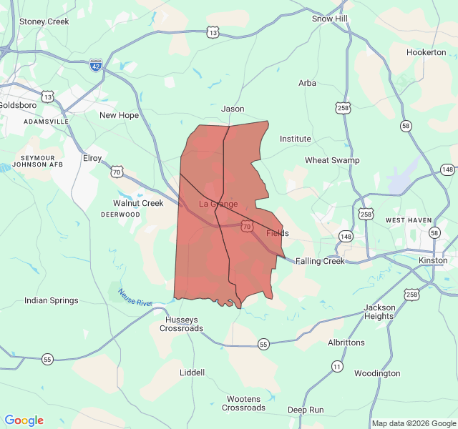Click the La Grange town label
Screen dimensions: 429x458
click(x=218, y=204)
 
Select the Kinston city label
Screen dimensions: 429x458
click(x=434, y=260)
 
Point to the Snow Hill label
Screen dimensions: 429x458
click(x=329, y=18)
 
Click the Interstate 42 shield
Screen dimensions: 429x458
click(x=96, y=65)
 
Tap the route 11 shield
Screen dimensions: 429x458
click(x=337, y=366)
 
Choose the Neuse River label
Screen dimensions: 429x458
click(x=135, y=297)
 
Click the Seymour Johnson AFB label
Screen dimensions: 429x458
click(x=37, y=161)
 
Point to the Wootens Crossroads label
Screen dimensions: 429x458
click(x=243, y=403)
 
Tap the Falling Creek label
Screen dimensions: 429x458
click(x=320, y=261)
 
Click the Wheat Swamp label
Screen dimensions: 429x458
click(x=332, y=160)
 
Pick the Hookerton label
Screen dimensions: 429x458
click(x=426, y=52)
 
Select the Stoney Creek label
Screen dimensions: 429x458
click(x=44, y=21)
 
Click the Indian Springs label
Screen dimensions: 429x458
click(x=52, y=300)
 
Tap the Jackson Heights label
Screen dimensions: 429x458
click(x=379, y=312)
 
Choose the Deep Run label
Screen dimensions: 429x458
click(x=306, y=410)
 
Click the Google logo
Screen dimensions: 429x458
click(x=24, y=420)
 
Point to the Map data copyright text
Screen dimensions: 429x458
click(x=414, y=423)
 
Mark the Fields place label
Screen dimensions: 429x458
click(x=278, y=233)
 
